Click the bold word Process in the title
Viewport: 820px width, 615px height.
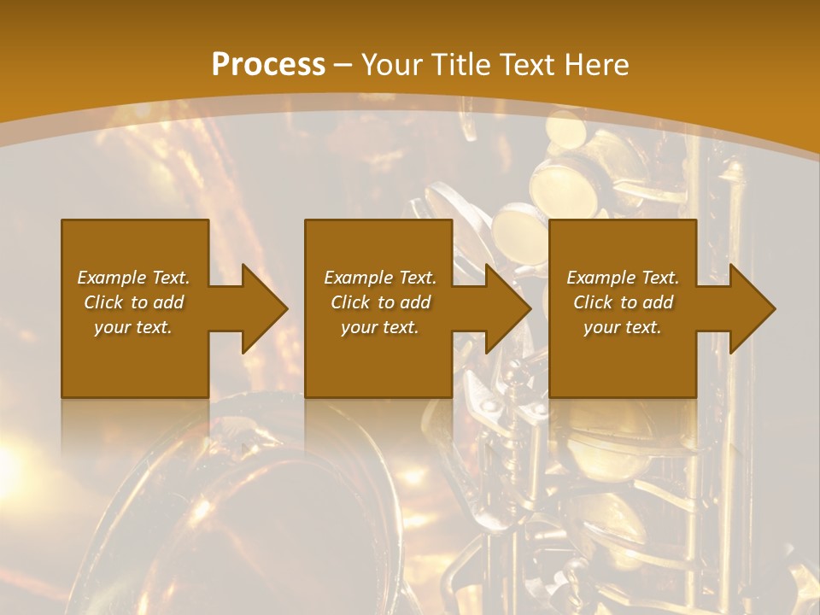tap(268, 65)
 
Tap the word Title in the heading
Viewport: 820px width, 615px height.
tap(457, 65)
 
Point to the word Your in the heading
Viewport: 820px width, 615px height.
tap(390, 65)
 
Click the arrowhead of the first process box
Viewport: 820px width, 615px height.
tap(265, 308)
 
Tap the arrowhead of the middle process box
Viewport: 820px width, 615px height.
tap(509, 308)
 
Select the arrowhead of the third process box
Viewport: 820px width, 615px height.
tap(753, 308)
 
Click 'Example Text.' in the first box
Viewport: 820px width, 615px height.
tap(133, 278)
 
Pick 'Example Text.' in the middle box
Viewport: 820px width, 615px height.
tap(380, 278)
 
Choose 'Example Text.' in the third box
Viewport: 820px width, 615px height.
tap(623, 278)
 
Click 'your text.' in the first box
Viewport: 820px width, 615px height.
tap(133, 327)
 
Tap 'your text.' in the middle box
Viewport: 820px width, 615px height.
tap(380, 327)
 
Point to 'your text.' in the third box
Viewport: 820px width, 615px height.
tap(623, 327)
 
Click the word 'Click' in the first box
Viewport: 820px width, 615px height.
tap(103, 302)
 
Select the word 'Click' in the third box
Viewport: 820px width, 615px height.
tap(593, 302)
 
